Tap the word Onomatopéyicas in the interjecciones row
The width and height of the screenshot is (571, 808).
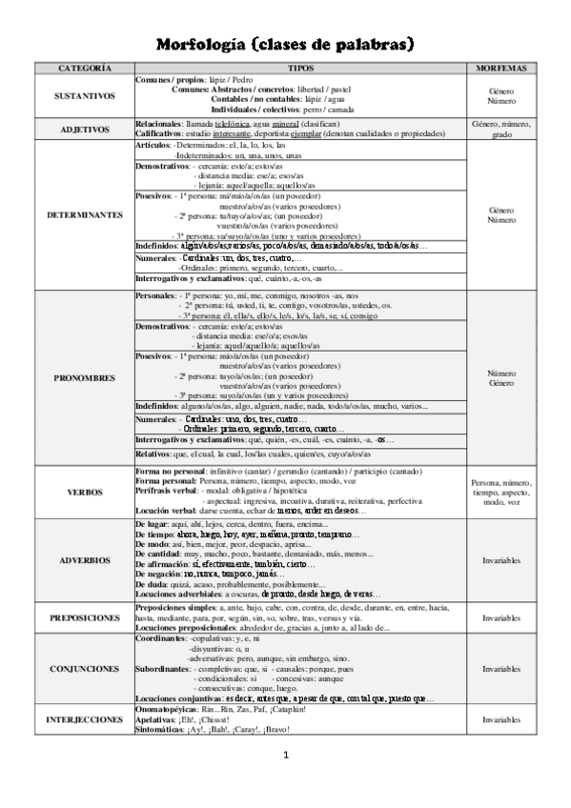167,710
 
